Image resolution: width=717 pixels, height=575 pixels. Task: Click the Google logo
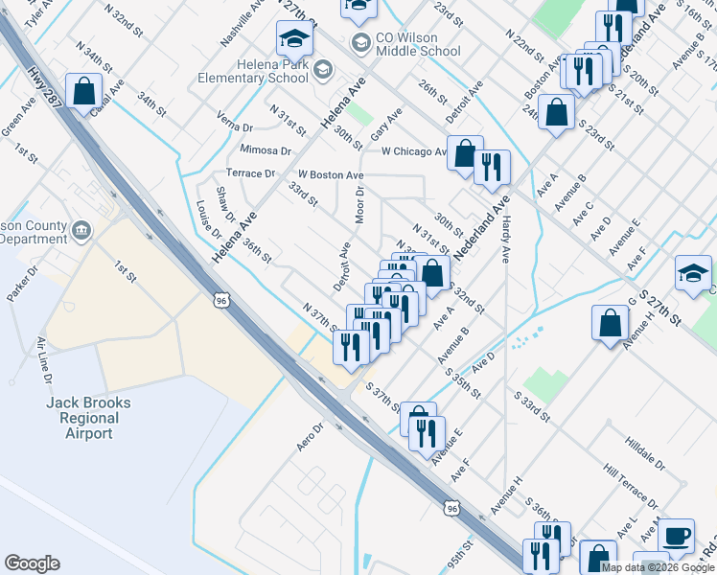coord(32,563)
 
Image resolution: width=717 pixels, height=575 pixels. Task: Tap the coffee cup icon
coord(677,535)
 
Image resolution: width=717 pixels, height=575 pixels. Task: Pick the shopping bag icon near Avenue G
coord(611,324)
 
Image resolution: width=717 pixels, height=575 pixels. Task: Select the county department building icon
coord(81,230)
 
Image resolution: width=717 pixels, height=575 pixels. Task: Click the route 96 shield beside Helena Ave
coord(221,300)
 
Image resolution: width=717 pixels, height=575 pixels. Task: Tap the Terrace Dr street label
coord(250,173)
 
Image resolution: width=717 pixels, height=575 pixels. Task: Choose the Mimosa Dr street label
coord(266,150)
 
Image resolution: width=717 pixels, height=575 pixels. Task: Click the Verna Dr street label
coord(235,126)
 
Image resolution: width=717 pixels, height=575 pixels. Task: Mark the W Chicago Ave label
coord(414,151)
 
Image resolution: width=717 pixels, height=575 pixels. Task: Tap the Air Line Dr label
coord(43,360)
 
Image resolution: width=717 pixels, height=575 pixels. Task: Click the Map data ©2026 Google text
coord(658,566)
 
